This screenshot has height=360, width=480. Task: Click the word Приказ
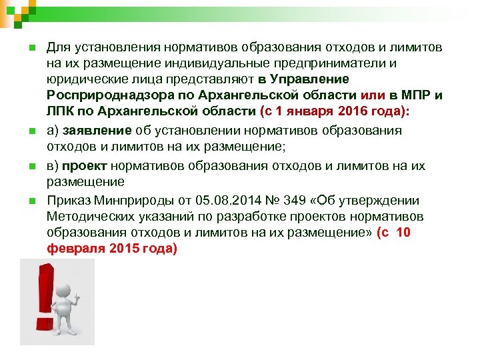68,201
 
